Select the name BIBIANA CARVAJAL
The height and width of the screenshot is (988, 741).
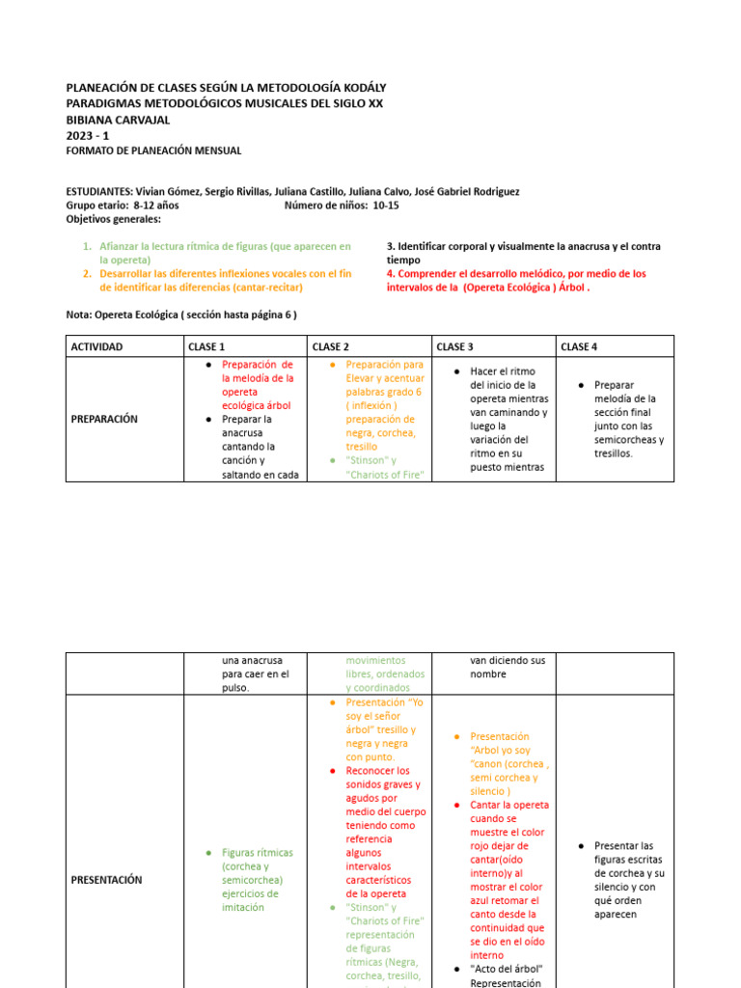(x=118, y=120)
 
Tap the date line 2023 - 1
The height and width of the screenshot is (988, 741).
(x=88, y=135)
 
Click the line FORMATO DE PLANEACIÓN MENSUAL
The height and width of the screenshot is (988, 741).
(x=153, y=151)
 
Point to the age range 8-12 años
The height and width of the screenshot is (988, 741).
(x=155, y=206)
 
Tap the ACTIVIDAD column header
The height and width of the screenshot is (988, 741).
(x=96, y=346)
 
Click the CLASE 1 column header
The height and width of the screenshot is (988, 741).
(x=206, y=346)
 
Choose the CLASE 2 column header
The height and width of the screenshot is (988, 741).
(x=330, y=346)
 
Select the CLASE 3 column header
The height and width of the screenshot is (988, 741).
(x=454, y=346)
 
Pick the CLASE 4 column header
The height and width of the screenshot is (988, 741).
(x=579, y=346)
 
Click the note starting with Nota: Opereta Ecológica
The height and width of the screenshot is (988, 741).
(x=181, y=315)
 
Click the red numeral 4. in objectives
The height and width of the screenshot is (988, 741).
(x=391, y=274)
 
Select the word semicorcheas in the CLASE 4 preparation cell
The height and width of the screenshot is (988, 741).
(x=628, y=440)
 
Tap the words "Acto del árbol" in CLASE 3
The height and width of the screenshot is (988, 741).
(x=507, y=970)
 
